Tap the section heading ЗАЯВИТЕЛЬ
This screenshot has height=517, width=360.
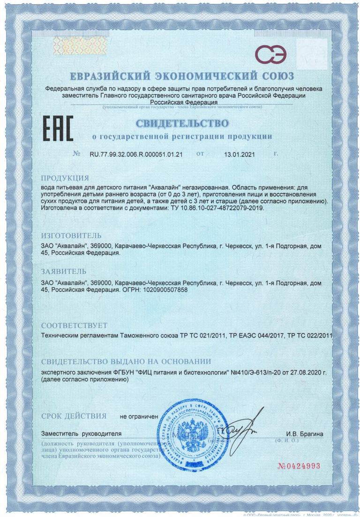pos(64,272)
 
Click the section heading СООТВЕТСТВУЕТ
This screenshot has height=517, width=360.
pos(75,325)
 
